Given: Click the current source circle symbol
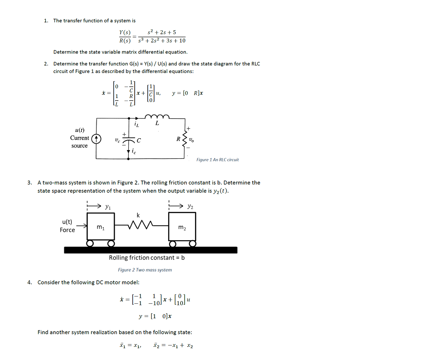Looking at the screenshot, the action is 96,138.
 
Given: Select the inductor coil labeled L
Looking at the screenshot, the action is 156,116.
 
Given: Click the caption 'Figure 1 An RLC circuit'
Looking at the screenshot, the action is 217,160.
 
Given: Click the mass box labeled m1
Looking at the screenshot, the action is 101,227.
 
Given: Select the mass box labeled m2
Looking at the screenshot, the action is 182,227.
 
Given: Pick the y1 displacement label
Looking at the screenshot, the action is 107,207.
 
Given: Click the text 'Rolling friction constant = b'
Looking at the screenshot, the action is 147,258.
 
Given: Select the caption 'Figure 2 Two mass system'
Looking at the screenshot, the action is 145,270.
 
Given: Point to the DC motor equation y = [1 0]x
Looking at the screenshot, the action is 155,316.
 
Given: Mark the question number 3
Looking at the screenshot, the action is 29,183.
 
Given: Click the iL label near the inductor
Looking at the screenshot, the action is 136,123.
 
